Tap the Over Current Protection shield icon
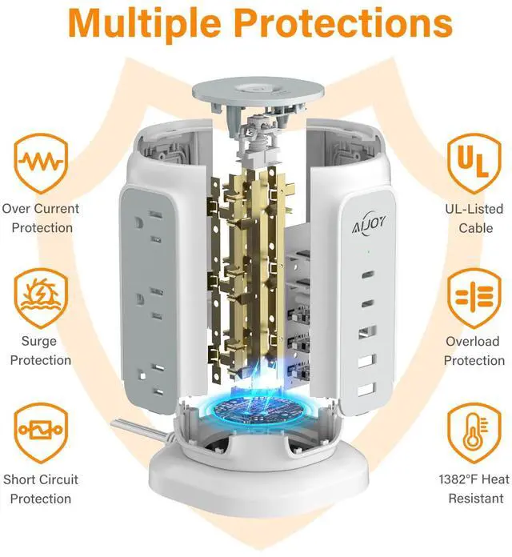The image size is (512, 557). tap(41, 162)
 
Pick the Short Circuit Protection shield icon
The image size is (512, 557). tap(41, 432)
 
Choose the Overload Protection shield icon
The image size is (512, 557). tap(473, 296)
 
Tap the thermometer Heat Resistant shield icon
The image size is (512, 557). tap(473, 432)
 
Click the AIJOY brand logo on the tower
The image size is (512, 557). tap(367, 221)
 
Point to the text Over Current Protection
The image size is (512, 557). tap(41, 218)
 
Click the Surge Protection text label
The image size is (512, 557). tap(41, 351)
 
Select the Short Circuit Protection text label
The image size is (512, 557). tap(41, 489)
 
